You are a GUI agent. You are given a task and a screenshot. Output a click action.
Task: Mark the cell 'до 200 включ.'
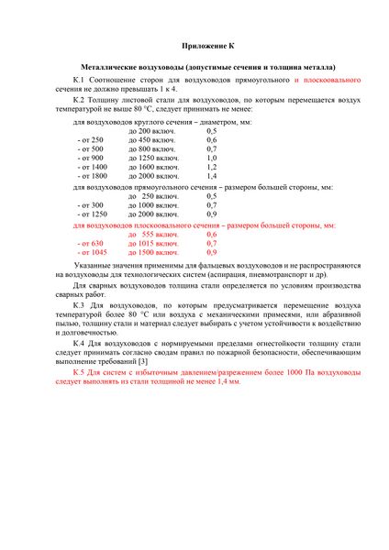152,130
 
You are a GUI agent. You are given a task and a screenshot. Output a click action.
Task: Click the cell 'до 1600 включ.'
154,167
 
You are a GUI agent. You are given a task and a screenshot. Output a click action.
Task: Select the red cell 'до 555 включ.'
154,234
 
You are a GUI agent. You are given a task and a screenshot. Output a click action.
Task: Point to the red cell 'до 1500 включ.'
154,252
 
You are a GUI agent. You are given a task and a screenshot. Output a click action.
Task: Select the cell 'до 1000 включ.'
154,205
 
